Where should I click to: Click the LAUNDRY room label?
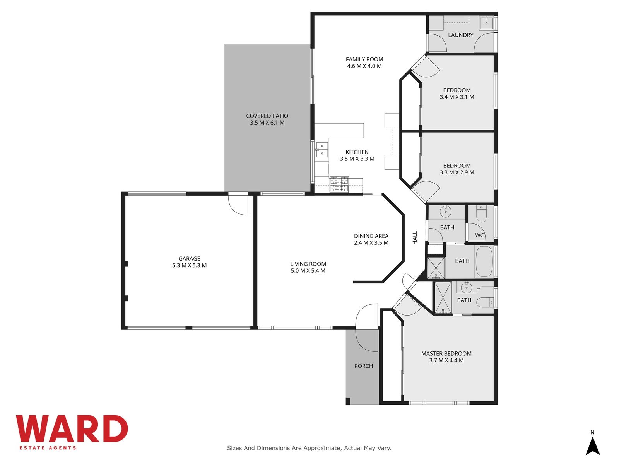(x=460, y=35)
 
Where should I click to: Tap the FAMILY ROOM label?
(x=364, y=59)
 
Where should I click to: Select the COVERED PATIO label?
(x=267, y=116)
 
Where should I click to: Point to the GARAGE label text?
(x=189, y=258)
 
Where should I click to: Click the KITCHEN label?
(x=357, y=152)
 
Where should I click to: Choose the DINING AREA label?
(x=371, y=236)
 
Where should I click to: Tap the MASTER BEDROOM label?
(x=446, y=353)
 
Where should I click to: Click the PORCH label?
(x=364, y=366)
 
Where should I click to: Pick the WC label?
(x=479, y=235)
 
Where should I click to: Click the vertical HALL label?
(x=415, y=238)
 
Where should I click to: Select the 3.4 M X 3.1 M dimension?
(x=457, y=97)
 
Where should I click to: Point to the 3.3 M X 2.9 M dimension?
(x=457, y=172)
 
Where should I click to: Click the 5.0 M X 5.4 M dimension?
(x=308, y=270)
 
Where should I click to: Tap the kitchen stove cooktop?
(x=339, y=184)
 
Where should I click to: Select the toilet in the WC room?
(x=482, y=214)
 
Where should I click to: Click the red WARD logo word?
(x=72, y=428)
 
